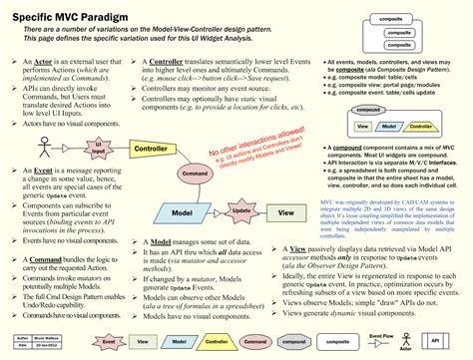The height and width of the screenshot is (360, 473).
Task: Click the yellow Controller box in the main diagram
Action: [x=151, y=149]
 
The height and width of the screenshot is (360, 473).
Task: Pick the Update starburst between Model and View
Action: [x=239, y=212]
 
